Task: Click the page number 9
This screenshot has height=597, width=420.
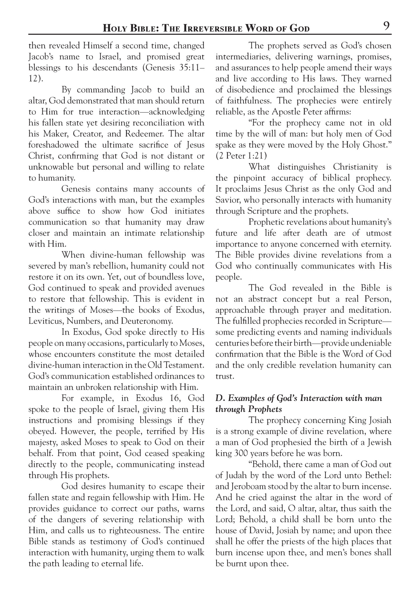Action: click(386, 26)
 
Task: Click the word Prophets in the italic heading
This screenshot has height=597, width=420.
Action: click(265, 409)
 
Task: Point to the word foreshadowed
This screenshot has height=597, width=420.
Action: click(54, 145)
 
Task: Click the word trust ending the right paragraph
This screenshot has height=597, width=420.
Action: click(225, 376)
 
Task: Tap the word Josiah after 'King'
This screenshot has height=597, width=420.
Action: click(379, 420)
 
